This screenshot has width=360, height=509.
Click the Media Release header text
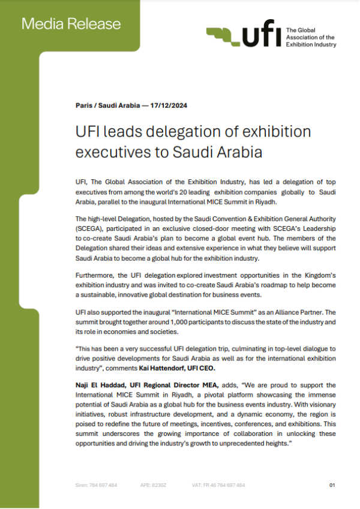tap(71, 24)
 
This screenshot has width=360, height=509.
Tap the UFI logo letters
tap(260, 37)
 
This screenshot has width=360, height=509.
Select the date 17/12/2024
tap(170, 105)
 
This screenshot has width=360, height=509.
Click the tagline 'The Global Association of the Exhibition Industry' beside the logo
tap(311, 37)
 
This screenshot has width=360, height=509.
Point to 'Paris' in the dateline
tap(84, 105)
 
